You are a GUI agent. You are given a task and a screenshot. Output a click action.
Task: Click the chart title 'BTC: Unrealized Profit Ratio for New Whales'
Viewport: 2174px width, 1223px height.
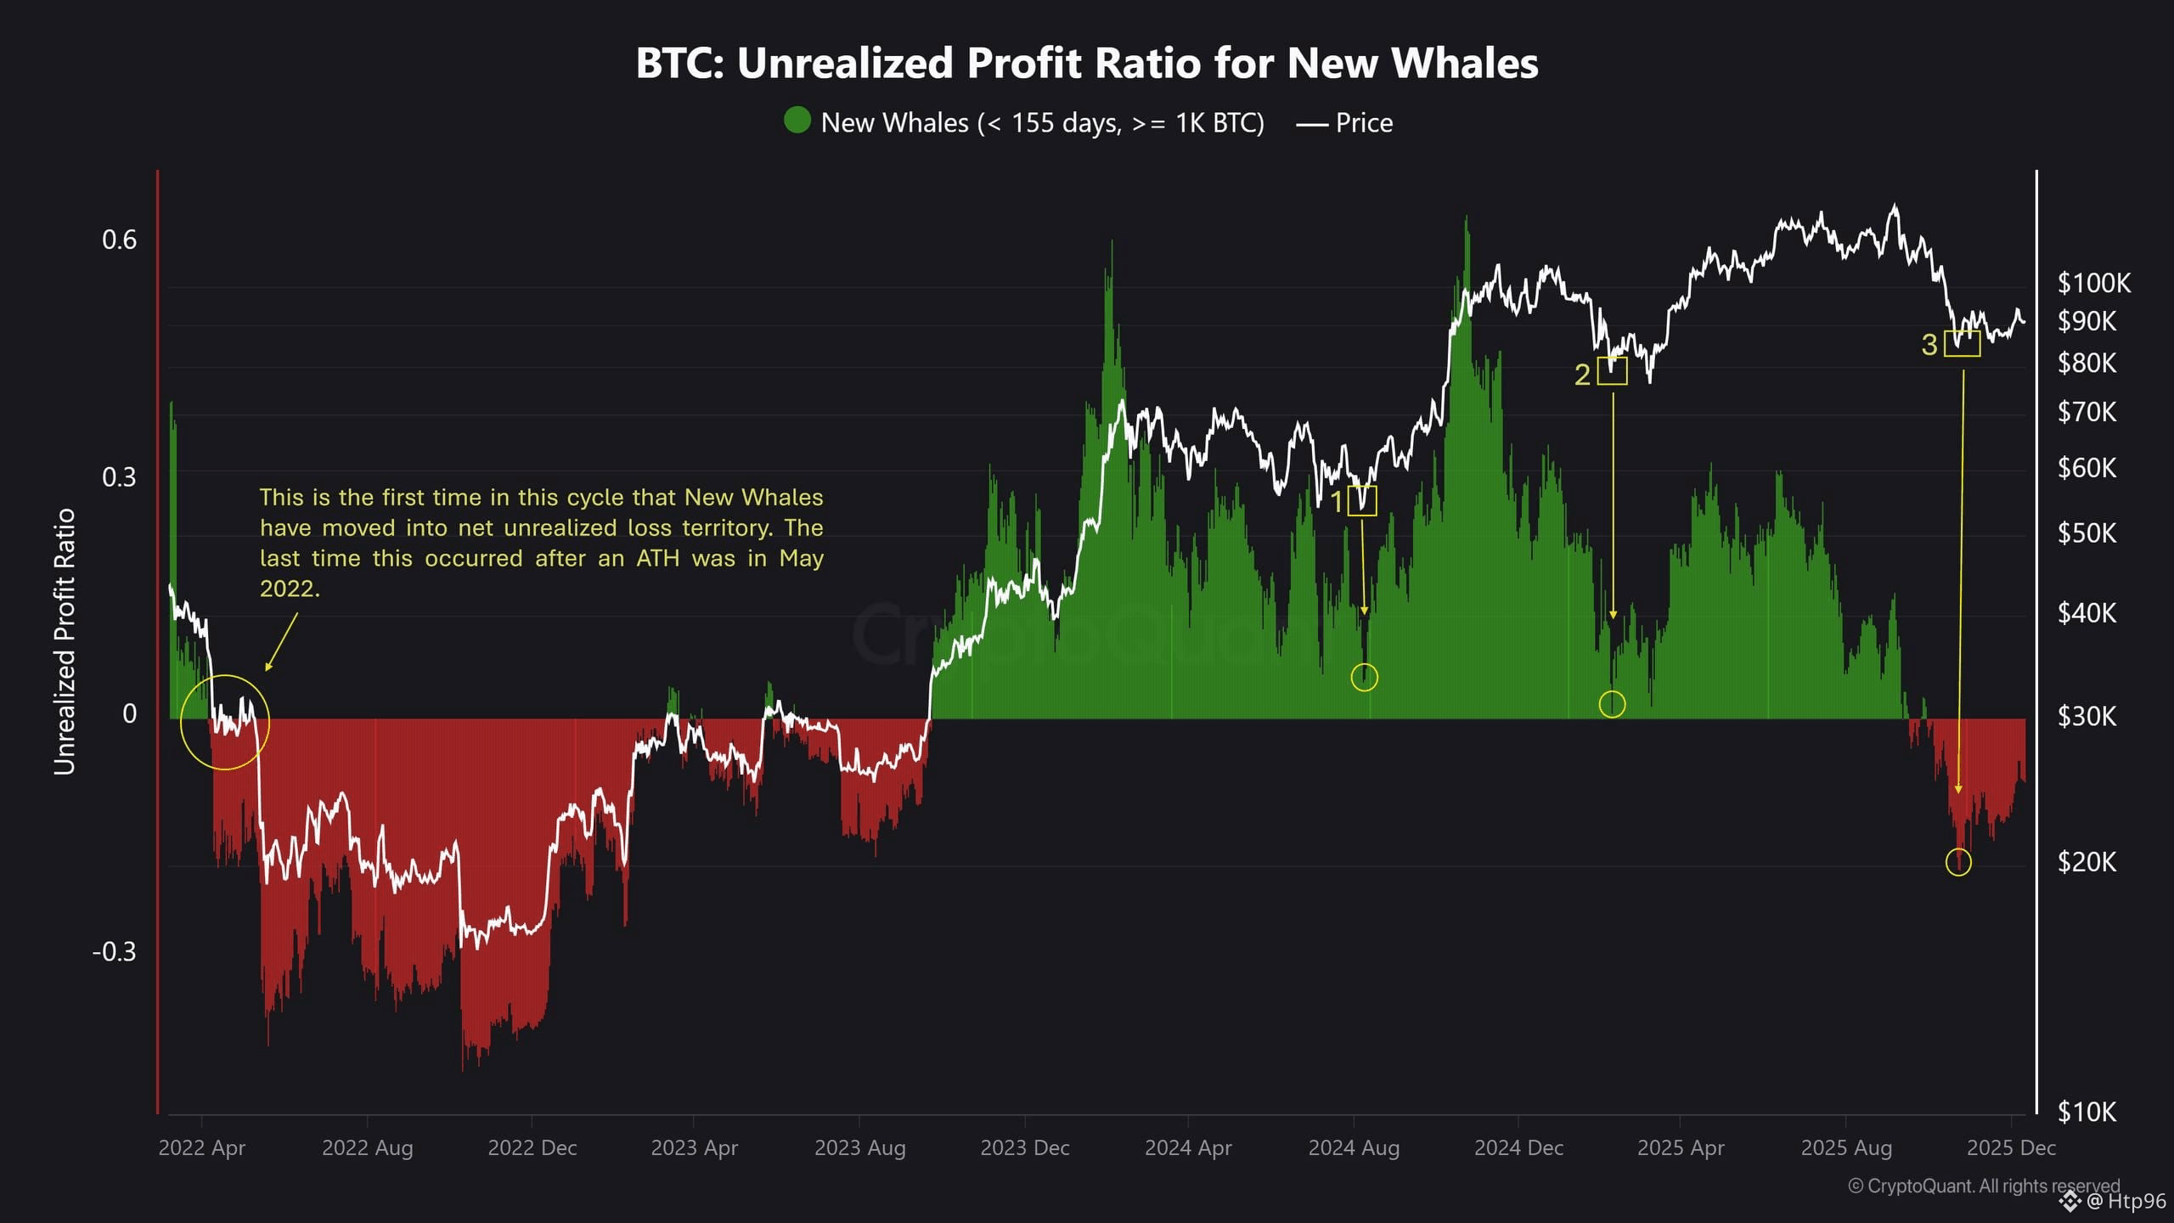point(1087,63)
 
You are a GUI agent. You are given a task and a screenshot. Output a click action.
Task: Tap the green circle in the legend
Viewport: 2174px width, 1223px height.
point(797,121)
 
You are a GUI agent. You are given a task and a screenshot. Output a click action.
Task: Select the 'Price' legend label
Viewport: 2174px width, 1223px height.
point(1364,123)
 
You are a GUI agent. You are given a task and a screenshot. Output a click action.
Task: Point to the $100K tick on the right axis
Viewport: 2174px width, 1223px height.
point(2093,284)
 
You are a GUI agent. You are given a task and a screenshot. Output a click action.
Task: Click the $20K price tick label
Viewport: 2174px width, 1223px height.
point(2087,862)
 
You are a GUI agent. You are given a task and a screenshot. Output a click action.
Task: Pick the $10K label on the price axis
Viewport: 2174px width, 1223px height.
point(2087,1111)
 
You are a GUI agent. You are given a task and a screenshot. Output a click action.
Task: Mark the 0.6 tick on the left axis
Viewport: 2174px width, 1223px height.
point(119,240)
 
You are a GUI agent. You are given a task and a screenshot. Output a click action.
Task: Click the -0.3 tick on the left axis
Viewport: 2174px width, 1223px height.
point(115,951)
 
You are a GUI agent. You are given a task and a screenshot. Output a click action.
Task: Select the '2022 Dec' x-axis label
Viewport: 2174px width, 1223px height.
point(532,1148)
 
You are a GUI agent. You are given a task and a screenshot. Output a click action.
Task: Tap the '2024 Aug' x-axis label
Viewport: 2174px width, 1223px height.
point(1354,1148)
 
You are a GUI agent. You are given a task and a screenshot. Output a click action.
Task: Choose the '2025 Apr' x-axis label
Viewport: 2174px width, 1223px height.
point(1681,1148)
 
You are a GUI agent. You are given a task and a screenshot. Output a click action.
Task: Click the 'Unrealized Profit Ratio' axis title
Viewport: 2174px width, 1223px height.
point(65,642)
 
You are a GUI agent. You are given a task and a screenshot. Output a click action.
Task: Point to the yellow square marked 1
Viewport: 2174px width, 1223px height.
point(1362,500)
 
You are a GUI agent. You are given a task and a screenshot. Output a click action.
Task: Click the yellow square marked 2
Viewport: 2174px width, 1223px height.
point(1612,371)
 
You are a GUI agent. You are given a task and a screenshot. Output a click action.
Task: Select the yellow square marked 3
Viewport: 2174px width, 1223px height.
point(1963,343)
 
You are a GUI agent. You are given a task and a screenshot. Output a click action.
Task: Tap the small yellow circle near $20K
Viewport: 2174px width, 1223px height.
point(1958,863)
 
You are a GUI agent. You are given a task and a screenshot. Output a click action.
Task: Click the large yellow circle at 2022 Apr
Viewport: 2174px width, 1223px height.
point(225,723)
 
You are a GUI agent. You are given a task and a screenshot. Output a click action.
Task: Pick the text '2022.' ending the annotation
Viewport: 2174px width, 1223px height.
point(290,589)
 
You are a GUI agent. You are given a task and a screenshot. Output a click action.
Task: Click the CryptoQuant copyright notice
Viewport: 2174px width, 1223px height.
point(1984,1186)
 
